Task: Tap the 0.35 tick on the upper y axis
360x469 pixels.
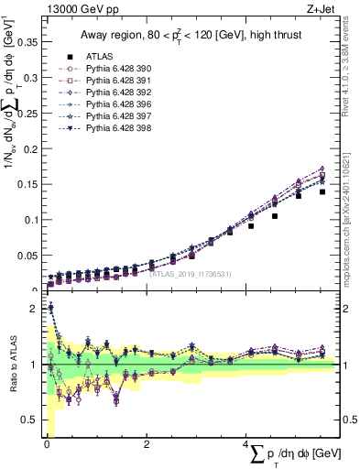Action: click(x=27, y=42)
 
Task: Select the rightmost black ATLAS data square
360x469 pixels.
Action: click(x=322, y=192)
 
